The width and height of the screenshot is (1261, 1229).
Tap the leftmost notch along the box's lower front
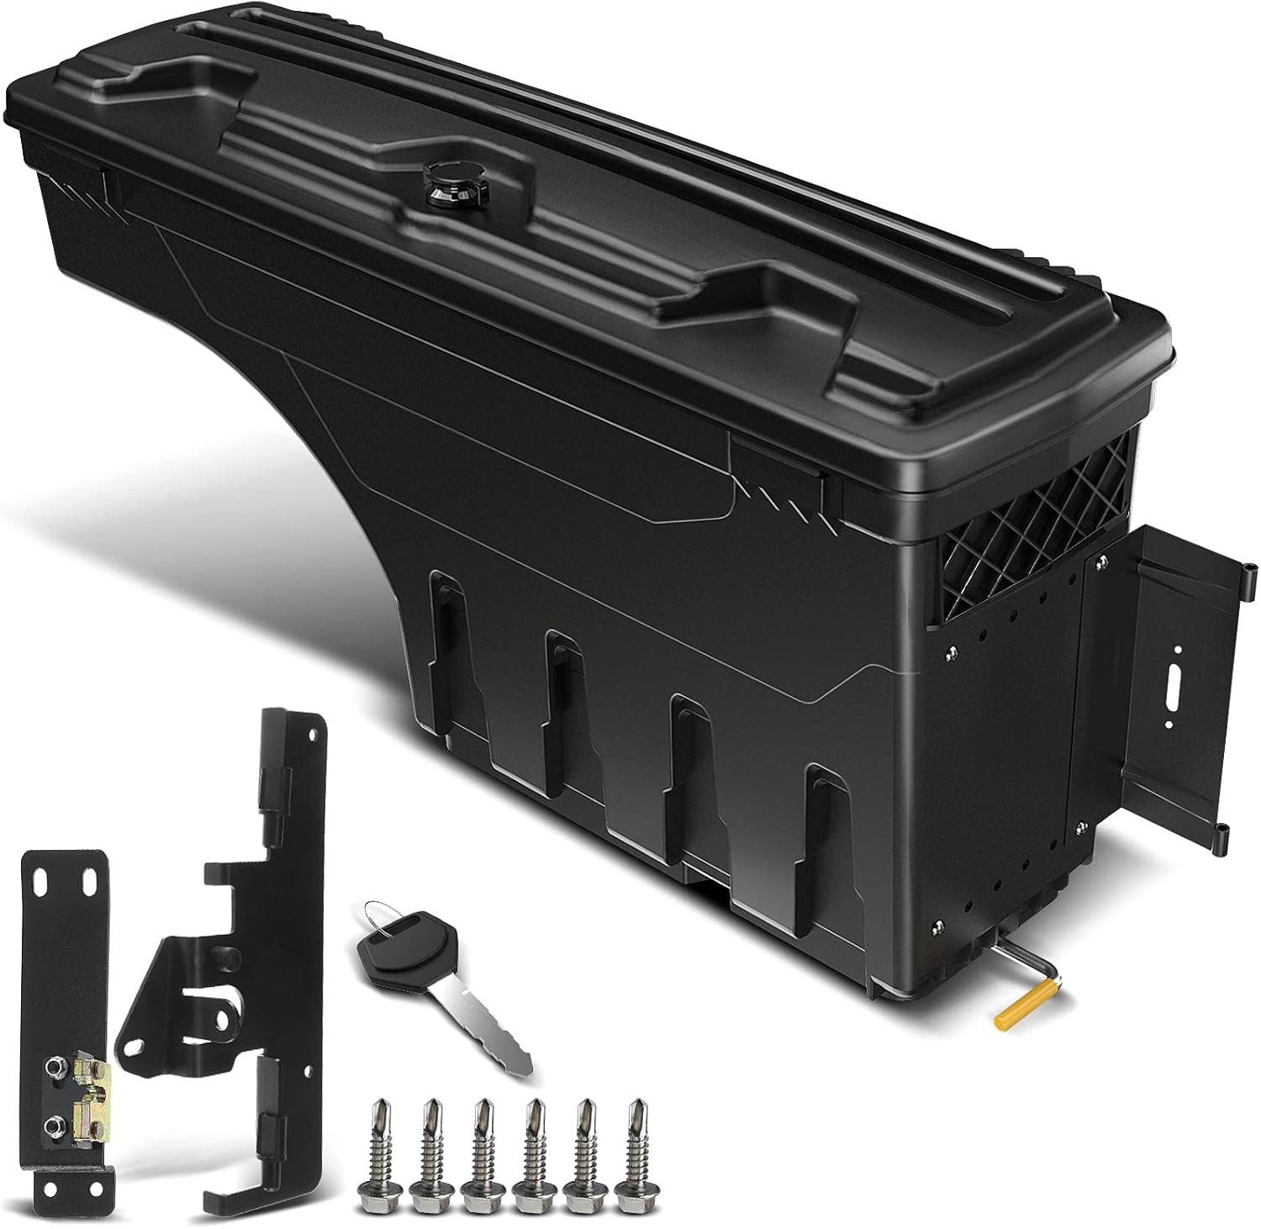tap(446, 614)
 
